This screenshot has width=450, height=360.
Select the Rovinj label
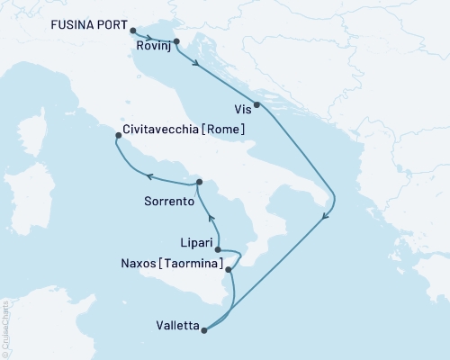[x=153, y=46]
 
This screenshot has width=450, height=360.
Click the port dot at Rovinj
[x=176, y=41]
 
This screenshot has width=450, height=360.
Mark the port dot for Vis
[x=258, y=105]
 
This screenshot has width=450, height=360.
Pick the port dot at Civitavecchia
[x=119, y=136]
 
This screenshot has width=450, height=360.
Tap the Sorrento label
[x=169, y=202]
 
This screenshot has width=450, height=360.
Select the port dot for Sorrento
[x=199, y=181]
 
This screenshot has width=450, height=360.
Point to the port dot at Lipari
[x=218, y=250]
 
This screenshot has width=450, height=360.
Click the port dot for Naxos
[x=229, y=268]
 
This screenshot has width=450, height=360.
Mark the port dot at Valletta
[x=205, y=330]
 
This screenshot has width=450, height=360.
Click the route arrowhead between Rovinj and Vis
[x=196, y=63]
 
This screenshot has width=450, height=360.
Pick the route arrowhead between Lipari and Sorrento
[x=212, y=218]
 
